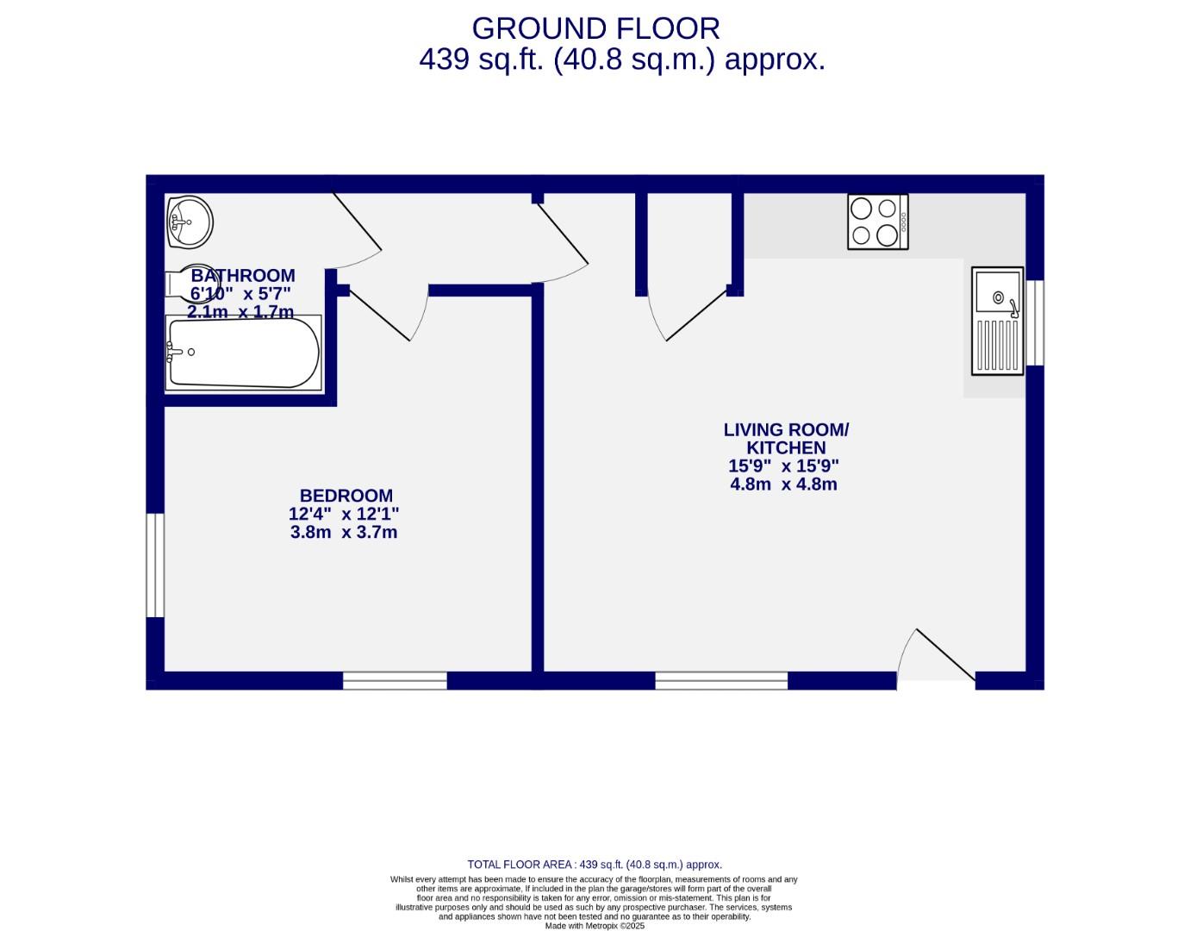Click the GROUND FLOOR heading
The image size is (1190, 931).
pos(595,28)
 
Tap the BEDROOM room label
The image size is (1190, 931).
pos(346,496)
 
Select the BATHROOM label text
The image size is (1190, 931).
pos(242,276)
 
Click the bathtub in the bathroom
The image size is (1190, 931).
pos(243,353)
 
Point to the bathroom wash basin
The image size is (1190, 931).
pos(190,221)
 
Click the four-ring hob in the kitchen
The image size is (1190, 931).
pos(877,222)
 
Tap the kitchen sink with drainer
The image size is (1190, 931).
pos(997,321)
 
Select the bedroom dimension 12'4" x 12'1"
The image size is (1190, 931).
pos(344,515)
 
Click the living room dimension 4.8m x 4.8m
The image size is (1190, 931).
pos(783,484)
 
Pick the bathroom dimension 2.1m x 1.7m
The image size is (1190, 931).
pos(240,312)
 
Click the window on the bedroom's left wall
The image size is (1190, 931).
pos(155,565)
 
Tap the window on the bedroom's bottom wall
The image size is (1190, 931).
pos(395,680)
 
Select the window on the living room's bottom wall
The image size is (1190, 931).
pos(721,680)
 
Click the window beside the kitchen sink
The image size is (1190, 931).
pos(1035,322)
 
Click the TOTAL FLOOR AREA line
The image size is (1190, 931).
pos(595,865)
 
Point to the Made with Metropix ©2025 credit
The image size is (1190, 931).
pos(595,926)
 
